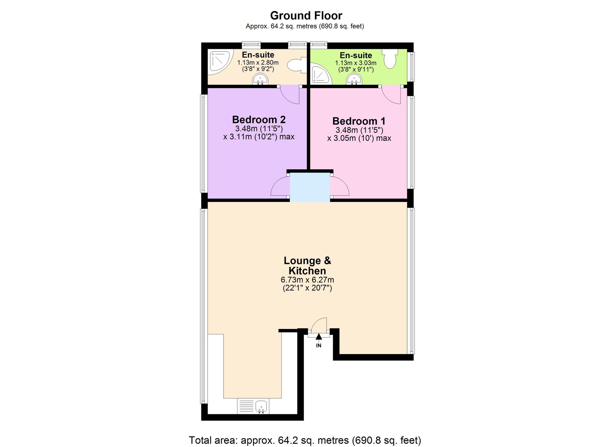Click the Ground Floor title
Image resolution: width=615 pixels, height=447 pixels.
click(306, 16)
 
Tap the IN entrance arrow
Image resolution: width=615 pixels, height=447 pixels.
click(319, 337)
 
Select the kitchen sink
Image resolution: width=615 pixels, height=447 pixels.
click(253, 406)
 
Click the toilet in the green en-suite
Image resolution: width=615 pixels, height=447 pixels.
click(390, 59)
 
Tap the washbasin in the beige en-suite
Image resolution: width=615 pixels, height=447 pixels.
click(260, 80)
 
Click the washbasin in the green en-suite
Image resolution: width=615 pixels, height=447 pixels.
click(354, 80)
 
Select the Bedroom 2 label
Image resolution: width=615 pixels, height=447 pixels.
click(259, 120)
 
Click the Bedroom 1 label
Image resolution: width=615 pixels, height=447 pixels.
click(359, 121)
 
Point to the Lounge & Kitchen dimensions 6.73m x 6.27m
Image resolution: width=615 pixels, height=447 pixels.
click(307, 280)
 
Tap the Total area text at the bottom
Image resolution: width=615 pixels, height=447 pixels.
click(305, 440)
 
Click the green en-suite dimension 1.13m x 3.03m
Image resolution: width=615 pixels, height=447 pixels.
click(356, 63)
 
